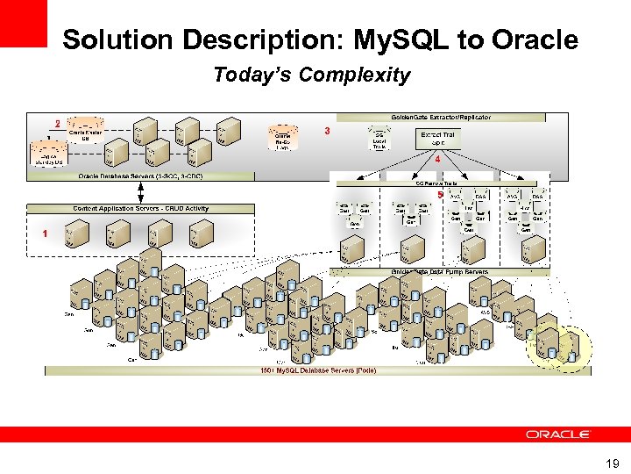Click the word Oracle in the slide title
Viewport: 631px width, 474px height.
[x=535, y=39]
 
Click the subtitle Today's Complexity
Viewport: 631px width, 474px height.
[x=311, y=75]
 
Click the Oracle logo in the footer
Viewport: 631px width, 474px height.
[x=558, y=434]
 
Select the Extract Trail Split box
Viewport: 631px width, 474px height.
[x=437, y=139]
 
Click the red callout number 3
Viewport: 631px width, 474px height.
[x=327, y=131]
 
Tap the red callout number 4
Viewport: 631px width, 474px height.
[x=436, y=161]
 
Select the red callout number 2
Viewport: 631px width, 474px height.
[x=57, y=124]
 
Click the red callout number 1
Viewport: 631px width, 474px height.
[x=44, y=233]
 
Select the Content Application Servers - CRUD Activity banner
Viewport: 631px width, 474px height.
[x=140, y=209]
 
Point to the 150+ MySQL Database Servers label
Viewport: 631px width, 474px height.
[x=318, y=370]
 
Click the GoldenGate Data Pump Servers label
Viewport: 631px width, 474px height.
[x=439, y=273]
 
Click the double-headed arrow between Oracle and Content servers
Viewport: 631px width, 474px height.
[x=140, y=192]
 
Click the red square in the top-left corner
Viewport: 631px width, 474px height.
[x=23, y=23]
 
